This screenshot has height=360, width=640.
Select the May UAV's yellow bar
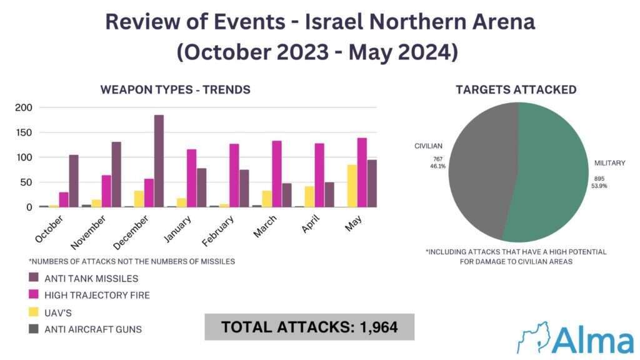(x=352, y=186)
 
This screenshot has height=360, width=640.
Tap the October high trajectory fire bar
(x=64, y=199)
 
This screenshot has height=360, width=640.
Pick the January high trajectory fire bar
(x=191, y=178)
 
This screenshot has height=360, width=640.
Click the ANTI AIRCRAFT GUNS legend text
(x=93, y=329)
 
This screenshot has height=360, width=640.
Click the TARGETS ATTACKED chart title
(x=516, y=89)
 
